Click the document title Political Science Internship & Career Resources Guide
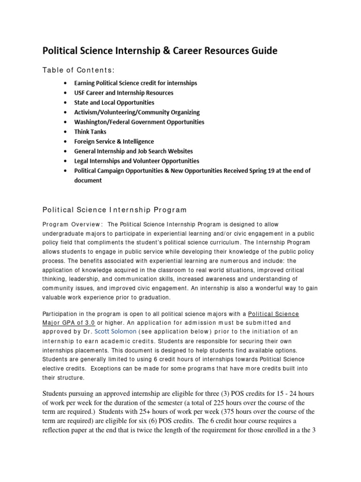tap(160, 50)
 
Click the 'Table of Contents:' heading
tap(78, 70)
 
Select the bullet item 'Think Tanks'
tap(90, 132)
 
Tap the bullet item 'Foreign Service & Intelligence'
tap(114, 141)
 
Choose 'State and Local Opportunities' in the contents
tap(114, 102)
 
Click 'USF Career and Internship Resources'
tap(124, 93)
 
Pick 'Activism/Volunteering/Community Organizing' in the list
tap(137, 112)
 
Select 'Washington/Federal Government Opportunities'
tap(139, 122)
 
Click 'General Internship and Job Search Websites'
tap(133, 151)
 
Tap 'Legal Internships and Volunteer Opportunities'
tap(137, 161)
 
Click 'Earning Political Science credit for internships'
tap(135, 83)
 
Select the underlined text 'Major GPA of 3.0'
tap(69, 323)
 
